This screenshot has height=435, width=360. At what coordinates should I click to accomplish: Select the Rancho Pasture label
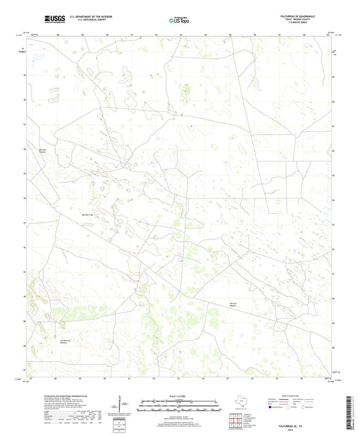coord(234,304)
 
